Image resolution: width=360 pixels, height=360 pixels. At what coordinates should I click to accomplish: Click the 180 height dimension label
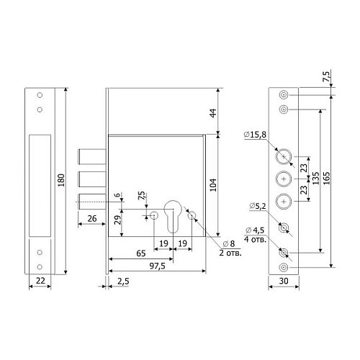click(x=61, y=180)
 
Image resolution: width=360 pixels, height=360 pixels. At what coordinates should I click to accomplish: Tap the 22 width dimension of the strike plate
click(x=40, y=280)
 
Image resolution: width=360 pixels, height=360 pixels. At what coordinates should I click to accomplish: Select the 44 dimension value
click(x=213, y=113)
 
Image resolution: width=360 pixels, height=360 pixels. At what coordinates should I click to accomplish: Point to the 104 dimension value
click(x=213, y=185)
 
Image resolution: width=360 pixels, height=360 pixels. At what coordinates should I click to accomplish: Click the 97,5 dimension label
click(x=158, y=266)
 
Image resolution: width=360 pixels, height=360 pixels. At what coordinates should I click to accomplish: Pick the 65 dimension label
click(x=141, y=253)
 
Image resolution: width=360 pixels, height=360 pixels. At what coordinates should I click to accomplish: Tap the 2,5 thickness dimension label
click(x=123, y=282)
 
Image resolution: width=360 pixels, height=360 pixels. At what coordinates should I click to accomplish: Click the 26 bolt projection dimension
click(x=92, y=219)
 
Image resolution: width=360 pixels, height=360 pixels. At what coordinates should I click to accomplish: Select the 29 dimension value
click(x=117, y=220)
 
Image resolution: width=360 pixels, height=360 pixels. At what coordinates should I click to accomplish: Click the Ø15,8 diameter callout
click(x=255, y=135)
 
